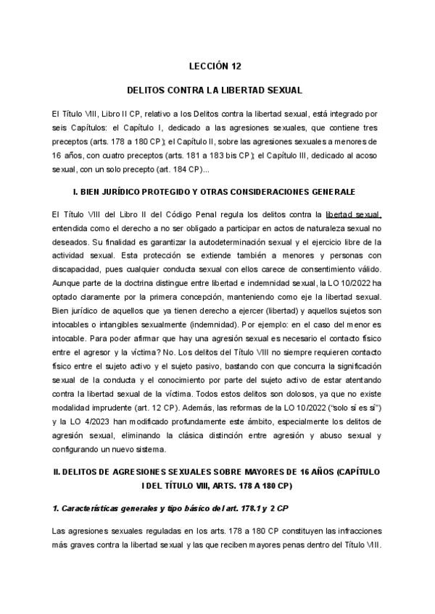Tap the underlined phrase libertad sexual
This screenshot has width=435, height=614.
pyautogui.click(x=354, y=214)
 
